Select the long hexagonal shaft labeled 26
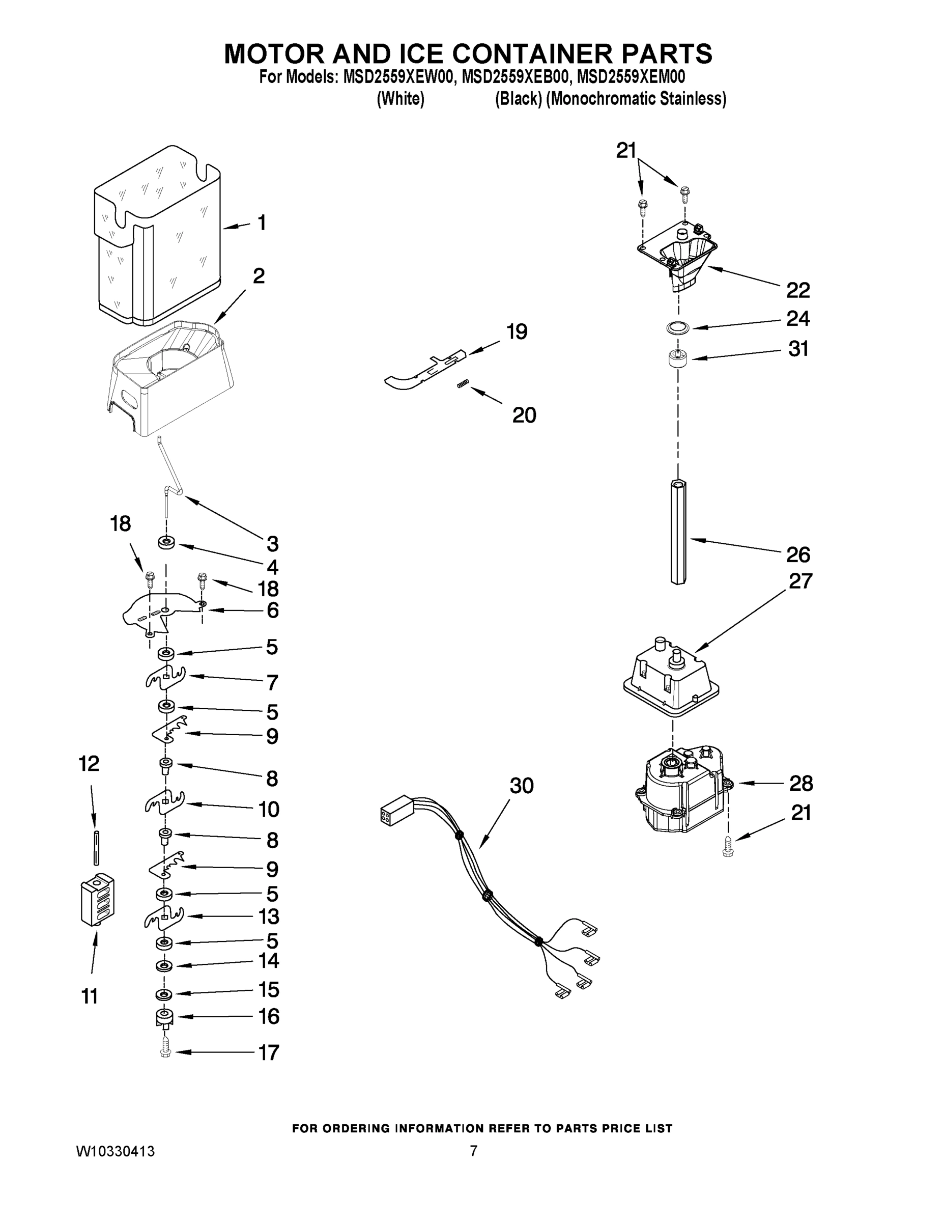click(x=678, y=532)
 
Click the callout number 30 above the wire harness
click(x=521, y=786)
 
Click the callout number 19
click(x=517, y=332)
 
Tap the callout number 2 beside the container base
click(x=259, y=276)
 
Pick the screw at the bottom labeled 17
click(x=165, y=1046)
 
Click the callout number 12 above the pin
click(x=89, y=764)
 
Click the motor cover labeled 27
click(x=671, y=677)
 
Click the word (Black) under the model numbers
click(x=518, y=99)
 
